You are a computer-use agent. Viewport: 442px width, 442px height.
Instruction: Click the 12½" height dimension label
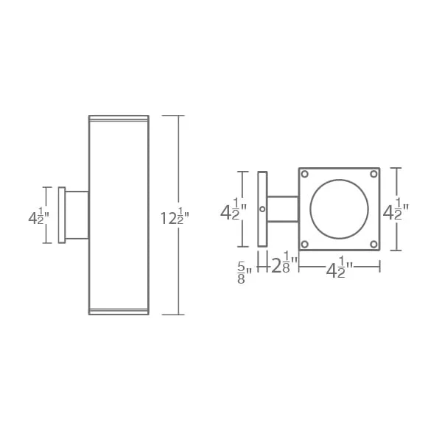coord(175,218)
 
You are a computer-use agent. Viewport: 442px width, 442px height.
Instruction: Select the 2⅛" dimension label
coord(284,262)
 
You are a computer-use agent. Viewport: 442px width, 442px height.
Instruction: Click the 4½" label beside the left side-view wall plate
coord(38,216)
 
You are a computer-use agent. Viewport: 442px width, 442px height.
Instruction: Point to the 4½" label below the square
coord(339,267)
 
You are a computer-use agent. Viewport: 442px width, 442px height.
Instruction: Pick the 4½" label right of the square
coord(396,209)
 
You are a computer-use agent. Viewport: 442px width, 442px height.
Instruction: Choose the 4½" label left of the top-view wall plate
coord(234,209)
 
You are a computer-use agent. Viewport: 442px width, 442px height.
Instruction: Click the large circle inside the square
coord(339,180)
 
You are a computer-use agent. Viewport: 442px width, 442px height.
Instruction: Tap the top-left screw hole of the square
coord(305,174)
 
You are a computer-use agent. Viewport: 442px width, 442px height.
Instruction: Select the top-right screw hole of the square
coord(373,174)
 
